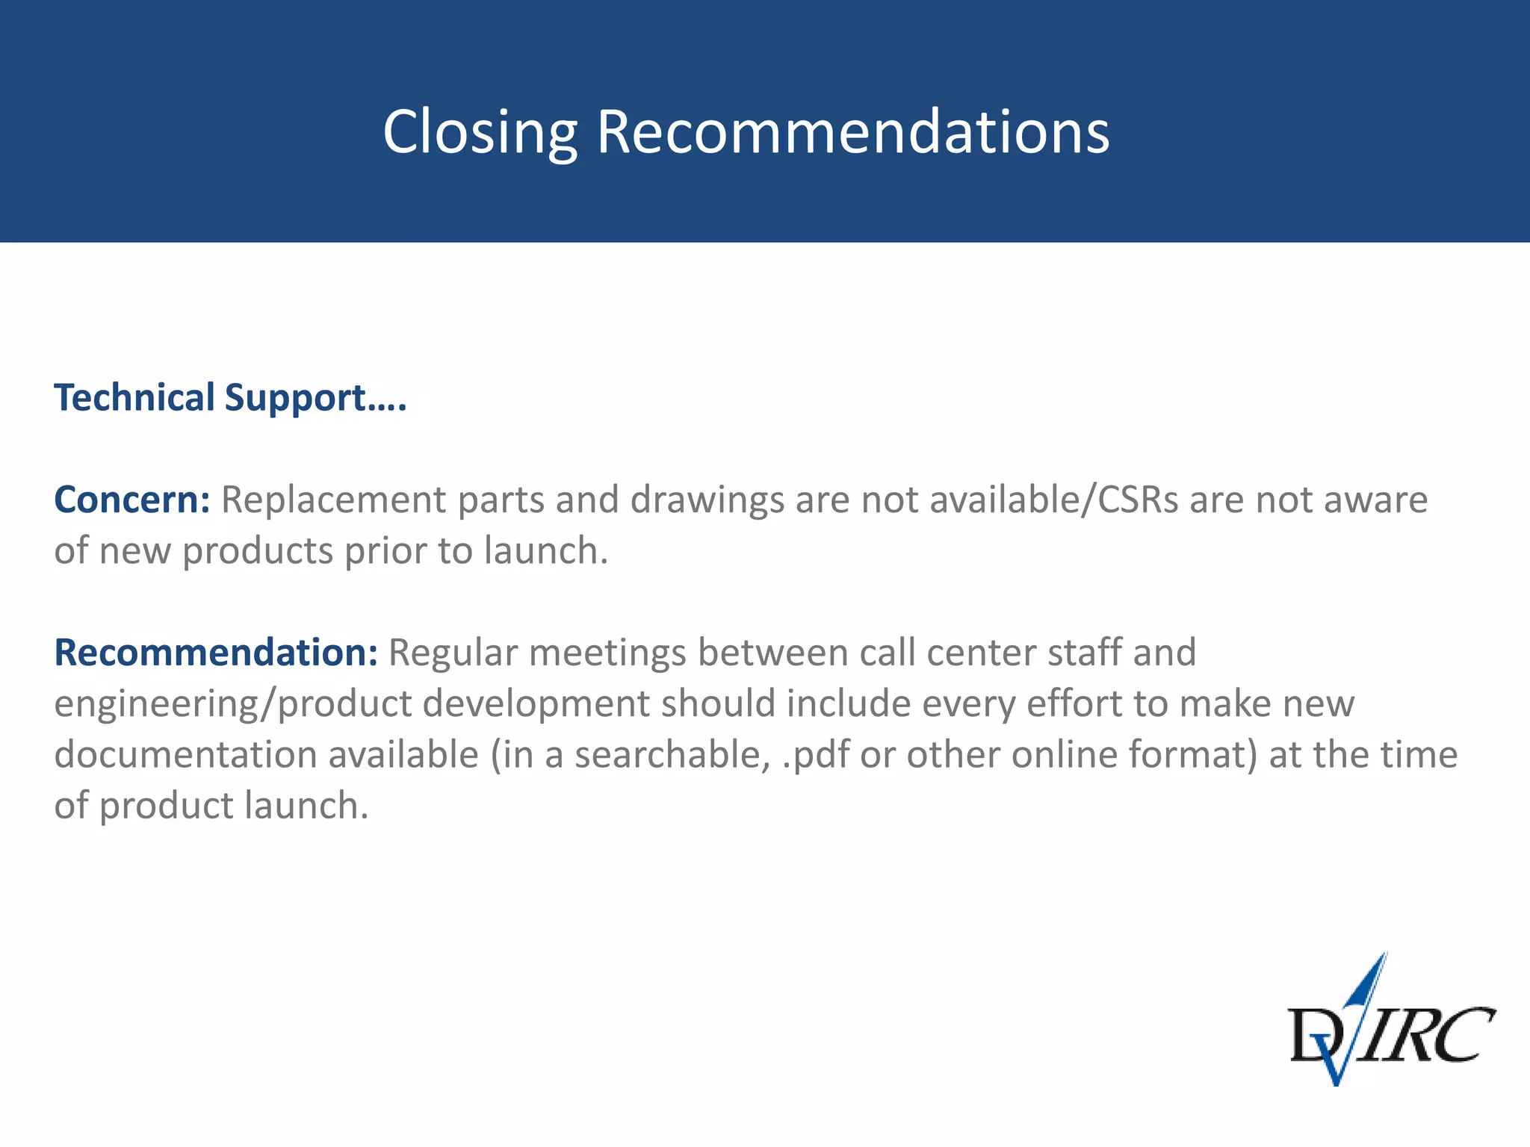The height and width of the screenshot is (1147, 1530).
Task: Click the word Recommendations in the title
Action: coord(852,132)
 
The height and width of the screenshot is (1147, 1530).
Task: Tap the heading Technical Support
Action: coord(230,397)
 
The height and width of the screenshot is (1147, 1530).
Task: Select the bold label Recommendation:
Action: coord(216,653)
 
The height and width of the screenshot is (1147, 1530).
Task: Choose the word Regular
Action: coord(453,653)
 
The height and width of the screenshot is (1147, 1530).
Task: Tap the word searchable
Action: coord(672,755)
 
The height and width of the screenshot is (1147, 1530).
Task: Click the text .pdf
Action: coord(815,755)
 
